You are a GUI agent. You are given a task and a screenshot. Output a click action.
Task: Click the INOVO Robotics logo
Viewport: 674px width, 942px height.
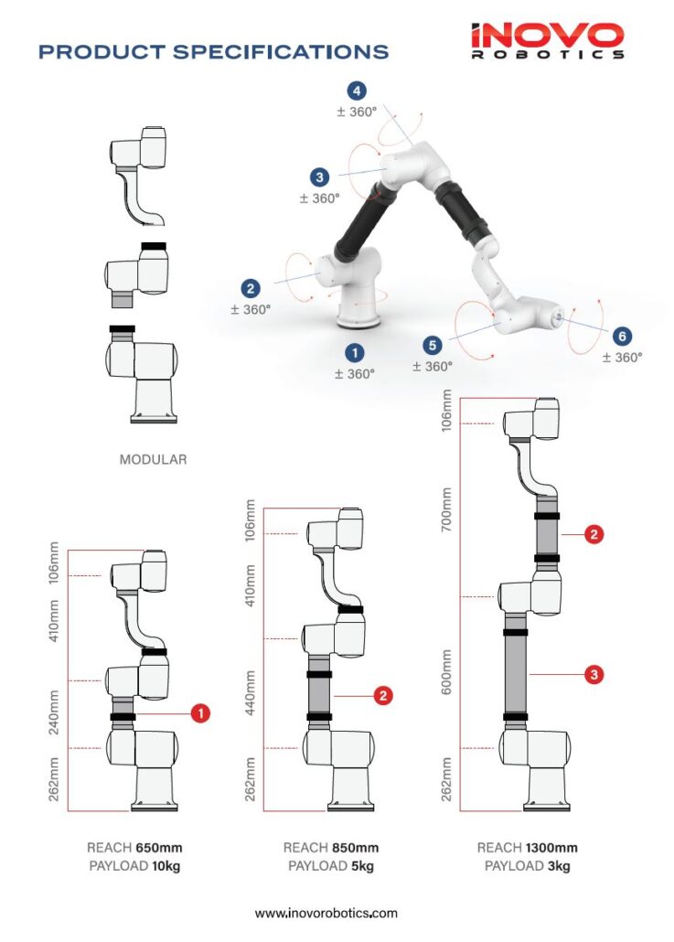547,41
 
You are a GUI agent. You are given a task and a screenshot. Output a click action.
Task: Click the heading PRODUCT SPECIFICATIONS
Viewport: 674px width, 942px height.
213,52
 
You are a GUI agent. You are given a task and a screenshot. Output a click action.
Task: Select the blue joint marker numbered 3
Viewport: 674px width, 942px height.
319,177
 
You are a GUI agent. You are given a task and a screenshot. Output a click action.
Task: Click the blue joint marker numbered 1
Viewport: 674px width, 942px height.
353,352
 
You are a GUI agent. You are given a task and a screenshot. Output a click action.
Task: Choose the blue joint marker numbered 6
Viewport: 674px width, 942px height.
621,337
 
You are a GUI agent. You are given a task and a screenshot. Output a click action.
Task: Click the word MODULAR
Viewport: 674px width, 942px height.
153,460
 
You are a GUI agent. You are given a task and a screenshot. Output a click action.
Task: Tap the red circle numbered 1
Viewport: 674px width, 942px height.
199,712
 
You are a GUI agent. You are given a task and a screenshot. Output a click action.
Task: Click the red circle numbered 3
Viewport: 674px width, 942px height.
594,675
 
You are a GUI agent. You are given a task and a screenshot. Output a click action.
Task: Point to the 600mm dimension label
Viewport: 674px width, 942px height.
447,672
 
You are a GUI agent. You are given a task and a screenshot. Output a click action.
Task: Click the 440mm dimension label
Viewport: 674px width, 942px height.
251,692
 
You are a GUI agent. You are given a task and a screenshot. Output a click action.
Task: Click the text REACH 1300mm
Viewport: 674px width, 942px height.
527,848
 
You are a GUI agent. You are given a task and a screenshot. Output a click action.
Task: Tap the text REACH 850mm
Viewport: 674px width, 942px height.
330,848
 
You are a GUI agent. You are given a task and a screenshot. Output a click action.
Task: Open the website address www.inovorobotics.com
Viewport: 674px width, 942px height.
326,913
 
